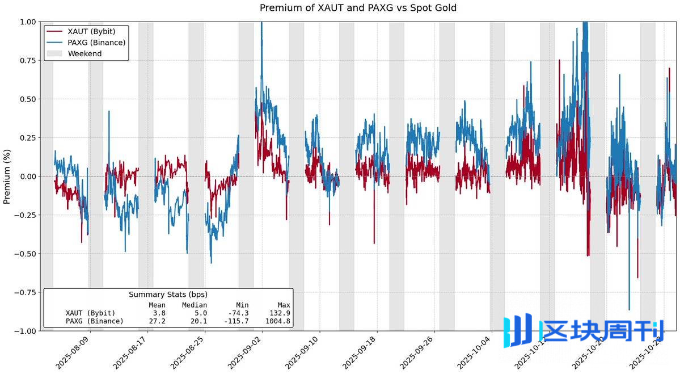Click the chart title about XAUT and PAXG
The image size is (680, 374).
point(358,8)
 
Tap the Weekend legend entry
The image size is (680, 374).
point(85,53)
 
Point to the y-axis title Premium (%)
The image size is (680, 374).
point(7,177)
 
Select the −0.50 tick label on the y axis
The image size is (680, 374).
point(24,254)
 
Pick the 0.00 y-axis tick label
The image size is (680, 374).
point(26,177)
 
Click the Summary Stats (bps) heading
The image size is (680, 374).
point(168,295)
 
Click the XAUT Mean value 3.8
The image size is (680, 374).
point(159,313)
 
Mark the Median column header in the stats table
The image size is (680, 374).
point(195,305)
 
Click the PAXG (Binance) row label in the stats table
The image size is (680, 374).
point(95,321)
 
